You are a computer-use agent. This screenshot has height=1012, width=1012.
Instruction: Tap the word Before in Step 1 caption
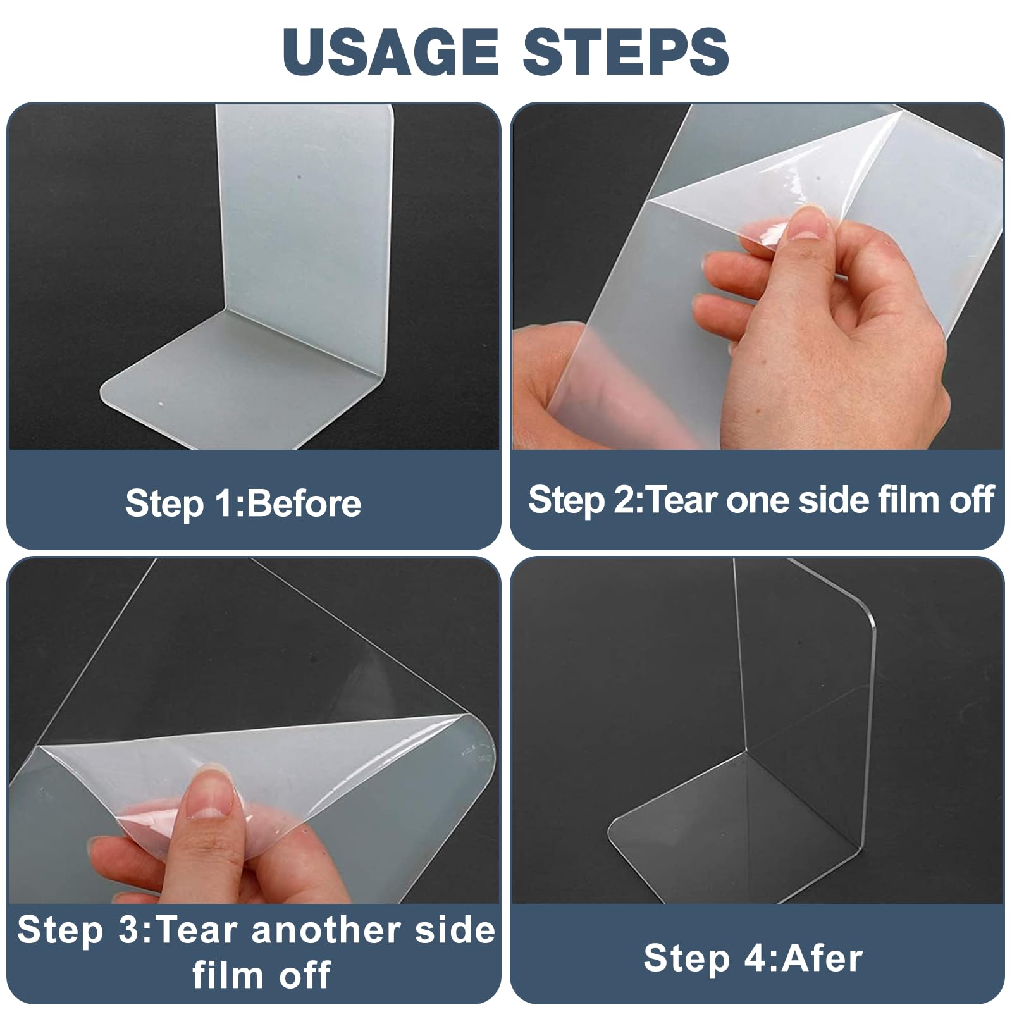(302, 503)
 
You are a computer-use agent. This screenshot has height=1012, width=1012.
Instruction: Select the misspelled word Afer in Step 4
(822, 958)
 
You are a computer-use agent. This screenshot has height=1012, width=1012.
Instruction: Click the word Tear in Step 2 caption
(682, 500)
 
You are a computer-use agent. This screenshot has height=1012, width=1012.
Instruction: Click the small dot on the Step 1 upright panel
(299, 178)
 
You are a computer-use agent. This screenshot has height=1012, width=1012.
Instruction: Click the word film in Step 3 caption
(230, 975)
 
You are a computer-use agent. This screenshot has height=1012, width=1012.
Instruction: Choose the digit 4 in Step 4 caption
(755, 958)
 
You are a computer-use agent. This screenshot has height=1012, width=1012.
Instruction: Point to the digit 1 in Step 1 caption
(223, 503)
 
